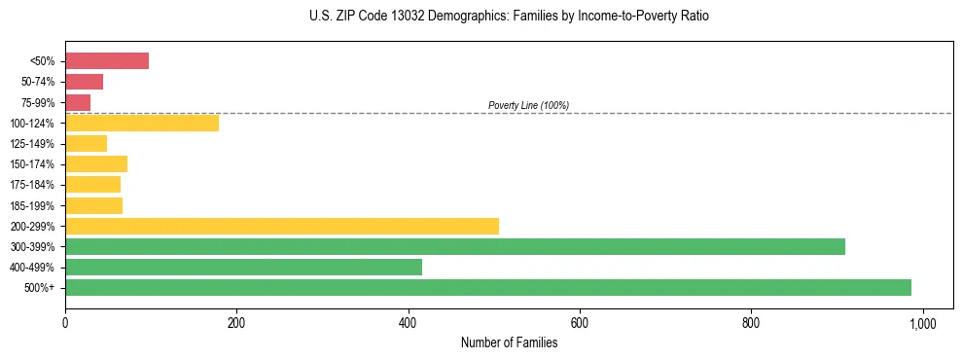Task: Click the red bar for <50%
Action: [x=107, y=61]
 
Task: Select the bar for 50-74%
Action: [x=84, y=82]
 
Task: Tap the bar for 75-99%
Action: [x=78, y=102]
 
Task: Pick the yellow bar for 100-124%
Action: [x=142, y=123]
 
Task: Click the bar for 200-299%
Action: [x=282, y=226]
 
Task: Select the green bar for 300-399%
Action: [x=455, y=246]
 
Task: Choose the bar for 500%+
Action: [x=488, y=287]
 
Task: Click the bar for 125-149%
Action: [x=86, y=143]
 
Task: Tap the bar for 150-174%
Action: [x=96, y=163]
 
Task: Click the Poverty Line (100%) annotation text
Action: [x=528, y=105]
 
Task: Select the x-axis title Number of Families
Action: [x=509, y=342]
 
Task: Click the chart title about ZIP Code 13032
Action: [x=510, y=17]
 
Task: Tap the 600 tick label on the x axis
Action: [x=580, y=323]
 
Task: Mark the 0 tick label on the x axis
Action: [x=65, y=323]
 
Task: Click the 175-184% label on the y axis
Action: [x=32, y=185]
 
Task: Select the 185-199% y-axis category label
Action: [x=32, y=205]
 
